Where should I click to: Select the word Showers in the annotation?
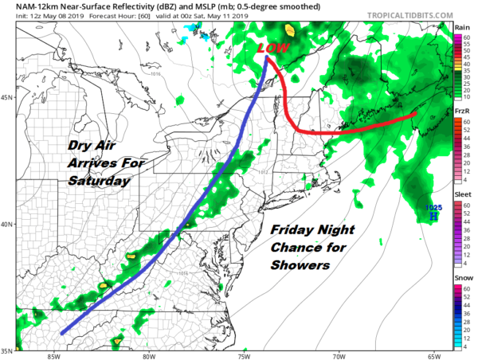click(299, 265)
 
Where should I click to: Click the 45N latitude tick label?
click(6, 98)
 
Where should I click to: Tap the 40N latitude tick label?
click(6, 224)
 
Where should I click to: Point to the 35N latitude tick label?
click(6, 350)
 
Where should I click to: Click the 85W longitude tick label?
click(54, 355)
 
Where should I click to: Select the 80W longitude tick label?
click(149, 355)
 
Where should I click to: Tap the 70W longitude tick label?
click(339, 355)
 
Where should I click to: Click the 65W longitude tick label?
click(433, 355)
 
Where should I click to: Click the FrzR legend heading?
click(461, 112)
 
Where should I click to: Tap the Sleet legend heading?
click(461, 195)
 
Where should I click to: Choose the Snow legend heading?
click(461, 279)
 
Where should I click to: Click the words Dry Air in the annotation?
click(92, 147)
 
